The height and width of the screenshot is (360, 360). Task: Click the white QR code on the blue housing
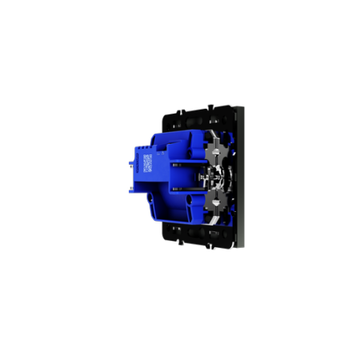tap(148, 162)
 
